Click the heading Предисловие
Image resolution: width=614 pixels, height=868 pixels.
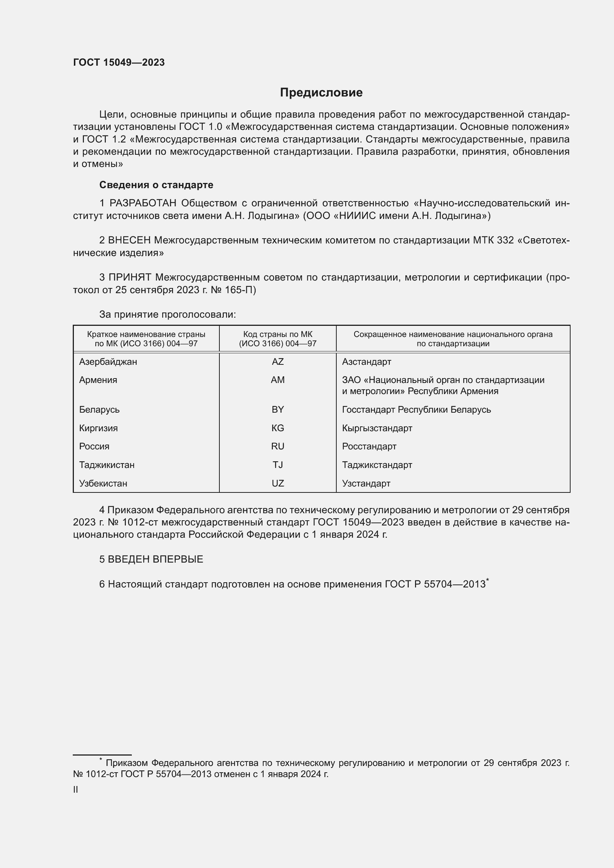321,92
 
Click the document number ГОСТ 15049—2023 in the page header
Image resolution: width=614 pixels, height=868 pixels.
119,62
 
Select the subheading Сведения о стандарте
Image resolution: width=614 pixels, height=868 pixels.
156,185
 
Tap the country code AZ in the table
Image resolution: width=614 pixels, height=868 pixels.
278,362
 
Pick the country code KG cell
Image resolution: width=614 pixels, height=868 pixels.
278,428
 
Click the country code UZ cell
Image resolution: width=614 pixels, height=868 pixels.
278,483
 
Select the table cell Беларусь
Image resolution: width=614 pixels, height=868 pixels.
99,409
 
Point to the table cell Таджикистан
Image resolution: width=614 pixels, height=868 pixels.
107,465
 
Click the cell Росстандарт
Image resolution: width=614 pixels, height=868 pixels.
369,446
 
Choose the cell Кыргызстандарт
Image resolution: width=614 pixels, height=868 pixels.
377,428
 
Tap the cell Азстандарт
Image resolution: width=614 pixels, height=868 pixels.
366,362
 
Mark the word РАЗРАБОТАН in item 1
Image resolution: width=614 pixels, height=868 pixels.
143,203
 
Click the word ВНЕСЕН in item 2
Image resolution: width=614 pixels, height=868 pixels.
129,240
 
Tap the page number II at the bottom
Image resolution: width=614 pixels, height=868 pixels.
75,789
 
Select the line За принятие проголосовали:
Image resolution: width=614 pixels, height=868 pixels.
167,314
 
